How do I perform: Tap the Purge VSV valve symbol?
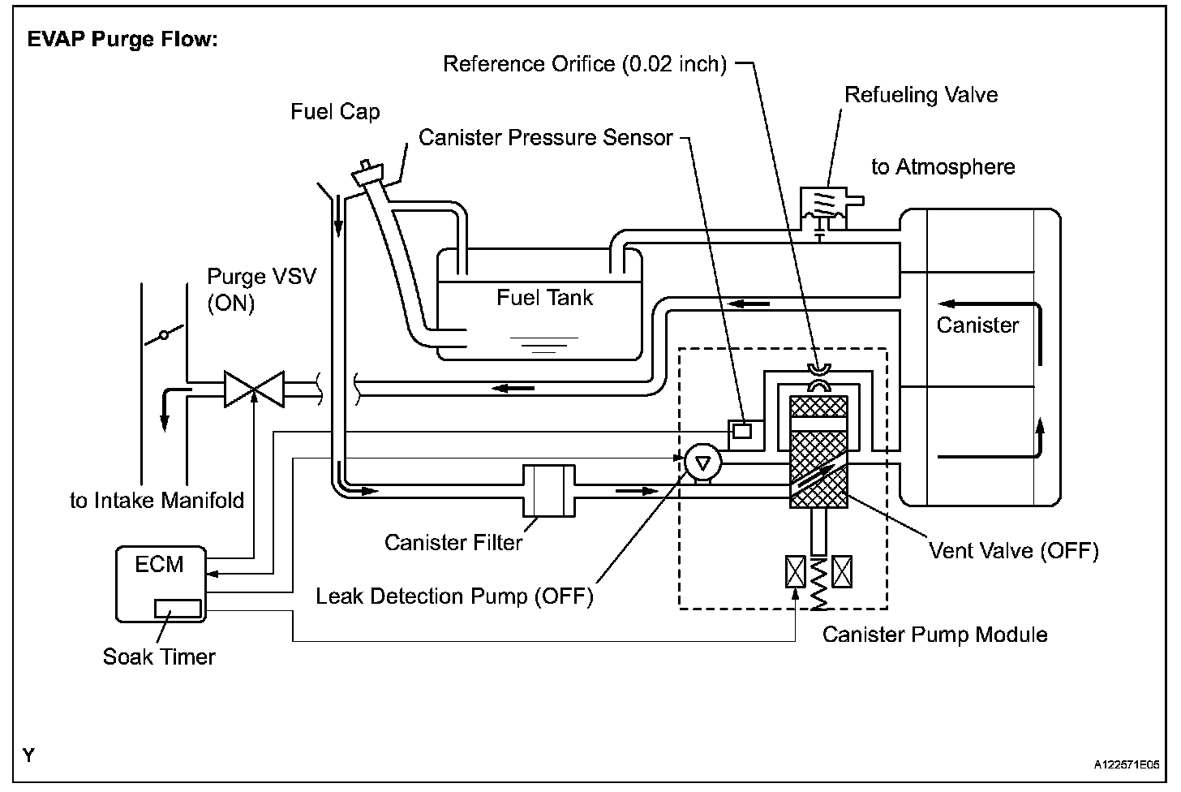[255, 390]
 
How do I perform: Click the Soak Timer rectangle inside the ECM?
[178, 607]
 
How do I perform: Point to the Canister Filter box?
[549, 490]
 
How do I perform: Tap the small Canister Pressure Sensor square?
[741, 431]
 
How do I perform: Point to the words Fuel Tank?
[544, 298]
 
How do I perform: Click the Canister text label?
[977, 325]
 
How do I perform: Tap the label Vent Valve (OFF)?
[1013, 551]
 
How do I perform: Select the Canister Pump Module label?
[934, 635]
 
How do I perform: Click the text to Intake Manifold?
[157, 500]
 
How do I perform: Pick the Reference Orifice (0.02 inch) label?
[584, 64]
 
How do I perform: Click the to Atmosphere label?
[943, 167]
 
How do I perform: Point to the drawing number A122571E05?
[1125, 764]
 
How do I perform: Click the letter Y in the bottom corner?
[29, 755]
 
